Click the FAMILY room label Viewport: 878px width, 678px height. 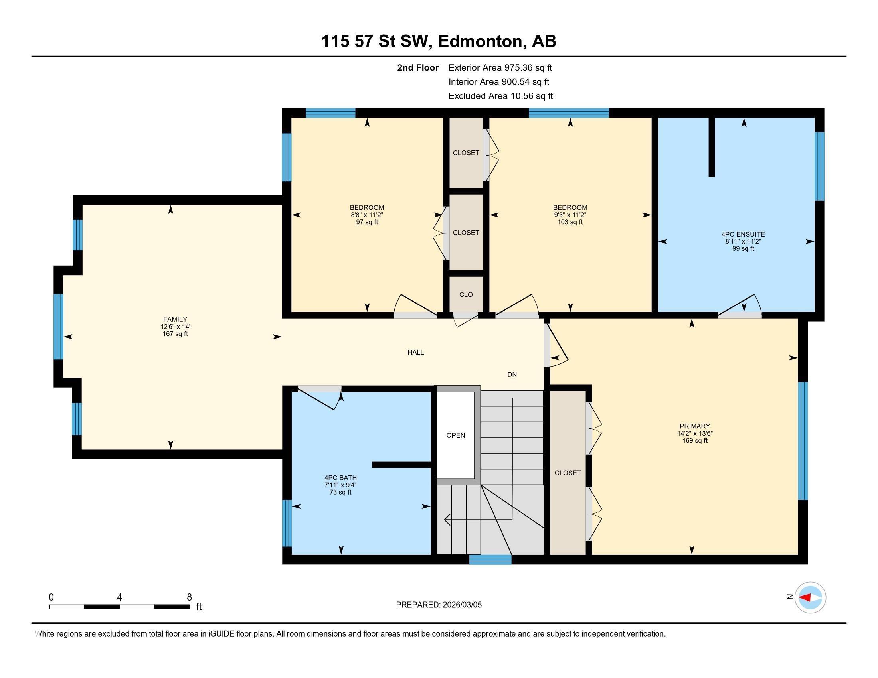[x=175, y=320]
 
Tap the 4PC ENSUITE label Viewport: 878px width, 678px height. [x=743, y=234]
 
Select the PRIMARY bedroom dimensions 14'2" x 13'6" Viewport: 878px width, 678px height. [x=695, y=434]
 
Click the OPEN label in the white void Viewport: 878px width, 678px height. [x=455, y=435]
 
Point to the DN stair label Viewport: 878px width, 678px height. [x=512, y=374]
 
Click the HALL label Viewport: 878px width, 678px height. [x=416, y=352]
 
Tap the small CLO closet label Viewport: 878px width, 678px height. [x=466, y=294]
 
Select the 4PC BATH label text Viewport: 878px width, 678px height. [x=340, y=478]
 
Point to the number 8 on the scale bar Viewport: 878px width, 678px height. [x=189, y=597]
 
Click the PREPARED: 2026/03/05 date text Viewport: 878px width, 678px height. [x=439, y=605]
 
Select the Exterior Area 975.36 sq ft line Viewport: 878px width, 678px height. [x=500, y=67]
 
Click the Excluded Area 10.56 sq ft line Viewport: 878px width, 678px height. [x=500, y=96]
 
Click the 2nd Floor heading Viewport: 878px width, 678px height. [x=418, y=67]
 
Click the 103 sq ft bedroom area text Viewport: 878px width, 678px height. [x=570, y=222]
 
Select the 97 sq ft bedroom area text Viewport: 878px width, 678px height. [x=367, y=222]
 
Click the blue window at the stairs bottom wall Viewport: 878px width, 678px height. [x=490, y=560]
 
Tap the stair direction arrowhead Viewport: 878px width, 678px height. [x=447, y=520]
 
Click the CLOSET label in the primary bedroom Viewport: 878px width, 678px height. [x=568, y=473]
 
